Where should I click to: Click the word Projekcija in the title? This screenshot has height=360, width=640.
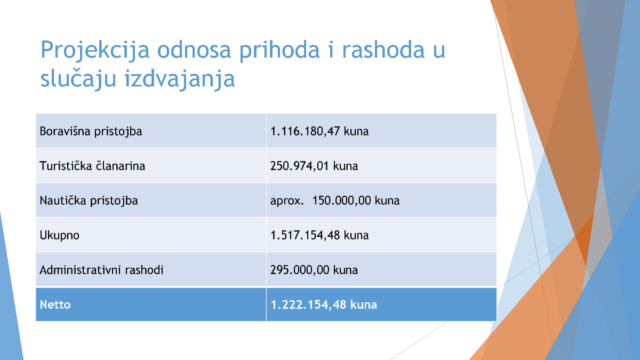click(x=95, y=51)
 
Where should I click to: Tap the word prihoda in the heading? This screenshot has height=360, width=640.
click(x=279, y=51)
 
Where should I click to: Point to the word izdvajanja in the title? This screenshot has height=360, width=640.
click(x=179, y=79)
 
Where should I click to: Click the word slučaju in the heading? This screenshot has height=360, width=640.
click(x=78, y=79)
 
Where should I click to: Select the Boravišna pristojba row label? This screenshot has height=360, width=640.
click(x=91, y=131)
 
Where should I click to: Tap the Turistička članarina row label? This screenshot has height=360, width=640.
click(x=92, y=166)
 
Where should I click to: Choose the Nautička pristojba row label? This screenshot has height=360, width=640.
click(x=89, y=201)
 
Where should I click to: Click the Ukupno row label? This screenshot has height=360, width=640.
click(x=59, y=236)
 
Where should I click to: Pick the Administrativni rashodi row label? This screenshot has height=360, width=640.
click(x=101, y=270)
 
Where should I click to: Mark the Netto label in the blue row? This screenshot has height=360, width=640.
click(x=55, y=305)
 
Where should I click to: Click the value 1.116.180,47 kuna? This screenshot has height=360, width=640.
click(x=319, y=131)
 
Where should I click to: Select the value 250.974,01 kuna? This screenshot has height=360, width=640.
click(x=314, y=166)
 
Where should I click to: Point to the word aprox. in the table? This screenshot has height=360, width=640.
click(x=287, y=201)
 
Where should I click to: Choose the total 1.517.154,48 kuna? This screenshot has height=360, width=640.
click(x=319, y=235)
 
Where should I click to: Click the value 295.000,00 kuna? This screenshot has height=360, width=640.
click(x=314, y=270)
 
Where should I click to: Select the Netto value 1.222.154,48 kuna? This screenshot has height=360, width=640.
click(x=324, y=305)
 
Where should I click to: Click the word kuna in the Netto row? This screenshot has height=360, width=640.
click(x=364, y=305)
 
